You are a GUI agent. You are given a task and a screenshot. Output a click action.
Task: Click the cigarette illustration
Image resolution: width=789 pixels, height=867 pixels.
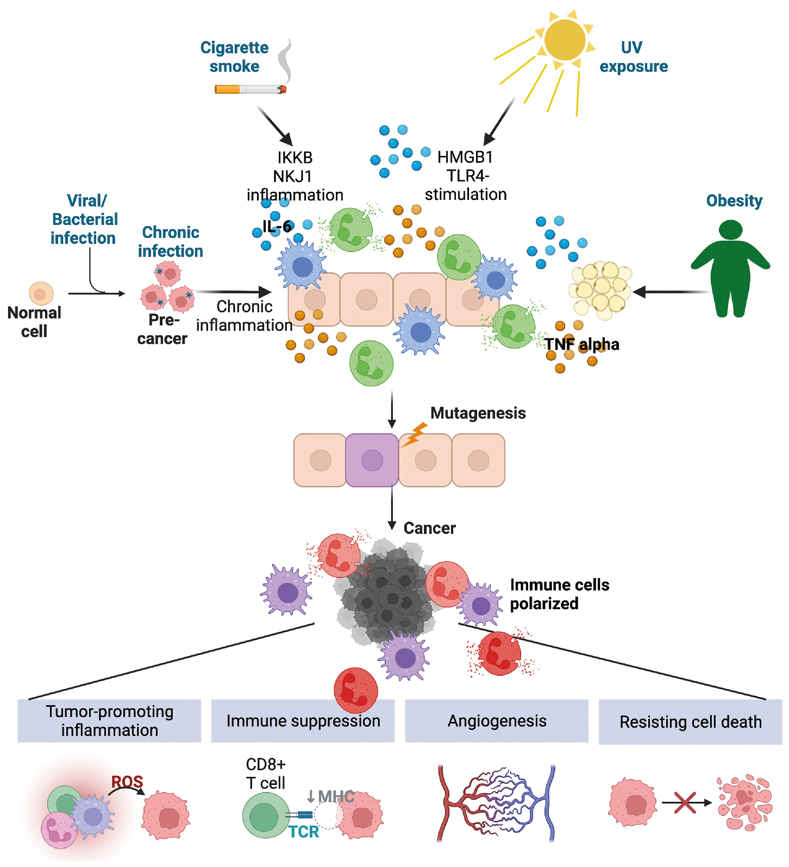click(251, 89)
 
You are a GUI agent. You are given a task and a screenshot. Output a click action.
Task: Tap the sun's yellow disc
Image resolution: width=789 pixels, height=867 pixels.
click(565, 40)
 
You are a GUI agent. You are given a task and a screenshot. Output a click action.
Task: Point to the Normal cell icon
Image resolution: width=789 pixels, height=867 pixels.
click(41, 294)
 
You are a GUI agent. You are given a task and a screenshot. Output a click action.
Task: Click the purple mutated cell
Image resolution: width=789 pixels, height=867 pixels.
click(372, 460)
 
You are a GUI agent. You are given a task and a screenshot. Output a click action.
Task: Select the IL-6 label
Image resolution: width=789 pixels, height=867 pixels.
click(278, 226)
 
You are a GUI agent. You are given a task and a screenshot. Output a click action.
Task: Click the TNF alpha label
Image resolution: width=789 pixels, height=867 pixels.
click(582, 344)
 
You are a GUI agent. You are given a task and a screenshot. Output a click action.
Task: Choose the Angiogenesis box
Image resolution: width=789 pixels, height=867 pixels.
click(497, 721)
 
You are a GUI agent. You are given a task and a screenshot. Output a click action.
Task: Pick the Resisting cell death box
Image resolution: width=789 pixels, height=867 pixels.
click(690, 722)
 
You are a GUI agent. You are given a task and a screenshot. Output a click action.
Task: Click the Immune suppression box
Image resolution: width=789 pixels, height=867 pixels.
click(303, 721)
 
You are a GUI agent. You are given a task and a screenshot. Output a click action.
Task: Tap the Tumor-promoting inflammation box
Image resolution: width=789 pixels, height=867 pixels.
click(109, 721)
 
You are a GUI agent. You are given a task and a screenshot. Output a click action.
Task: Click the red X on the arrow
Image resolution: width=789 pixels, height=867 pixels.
click(685, 802)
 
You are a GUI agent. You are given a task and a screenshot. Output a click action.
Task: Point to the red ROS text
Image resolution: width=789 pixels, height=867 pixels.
click(127, 782)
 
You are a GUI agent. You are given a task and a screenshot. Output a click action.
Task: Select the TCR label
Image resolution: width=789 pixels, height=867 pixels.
click(304, 832)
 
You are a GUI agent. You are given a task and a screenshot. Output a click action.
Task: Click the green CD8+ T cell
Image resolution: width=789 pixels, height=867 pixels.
click(265, 815)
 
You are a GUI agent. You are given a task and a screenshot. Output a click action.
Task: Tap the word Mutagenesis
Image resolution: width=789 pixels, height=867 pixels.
click(478, 413)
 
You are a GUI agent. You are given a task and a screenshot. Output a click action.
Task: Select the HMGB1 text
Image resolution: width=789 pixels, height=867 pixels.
click(465, 157)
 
